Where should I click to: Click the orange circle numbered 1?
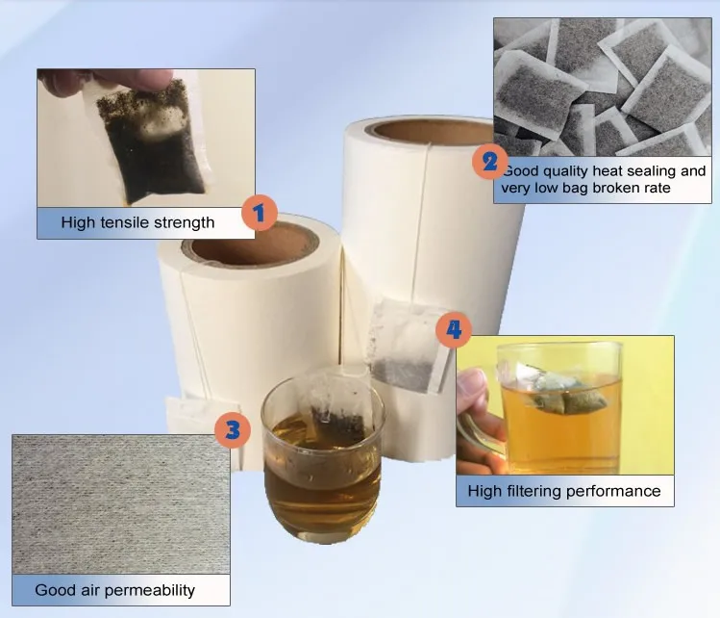coord(260,213)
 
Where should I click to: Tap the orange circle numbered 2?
coord(490,162)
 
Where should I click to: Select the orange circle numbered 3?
coord(233,430)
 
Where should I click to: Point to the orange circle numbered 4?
coord(453,329)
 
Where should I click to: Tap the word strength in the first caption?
coord(184,223)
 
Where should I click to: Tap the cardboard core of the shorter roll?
coord(250,244)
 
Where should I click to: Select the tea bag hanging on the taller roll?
coord(406,346)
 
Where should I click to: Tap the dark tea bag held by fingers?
coord(152,141)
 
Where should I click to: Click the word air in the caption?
coord(90,590)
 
